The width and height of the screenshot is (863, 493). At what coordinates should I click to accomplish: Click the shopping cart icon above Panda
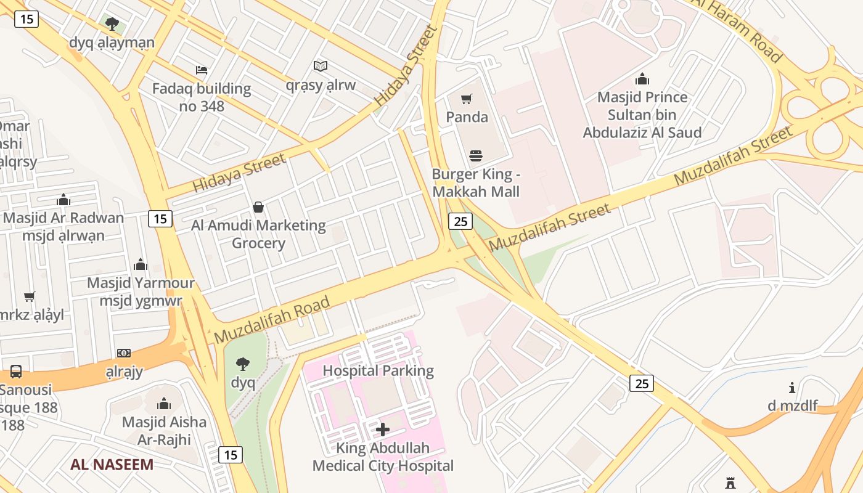(467, 99)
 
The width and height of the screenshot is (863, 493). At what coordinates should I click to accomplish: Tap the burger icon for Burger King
(475, 155)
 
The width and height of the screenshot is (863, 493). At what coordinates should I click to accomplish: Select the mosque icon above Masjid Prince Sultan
(642, 79)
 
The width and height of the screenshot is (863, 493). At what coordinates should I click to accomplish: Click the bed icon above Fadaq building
(202, 70)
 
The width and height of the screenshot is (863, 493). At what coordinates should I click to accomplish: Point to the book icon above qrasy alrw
(320, 66)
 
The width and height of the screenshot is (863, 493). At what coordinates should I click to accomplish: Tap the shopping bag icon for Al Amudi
(258, 207)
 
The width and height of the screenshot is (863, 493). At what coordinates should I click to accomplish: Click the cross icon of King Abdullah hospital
(383, 429)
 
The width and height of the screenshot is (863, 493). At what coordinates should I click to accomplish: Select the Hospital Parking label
(378, 371)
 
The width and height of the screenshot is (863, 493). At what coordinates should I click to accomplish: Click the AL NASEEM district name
(112, 465)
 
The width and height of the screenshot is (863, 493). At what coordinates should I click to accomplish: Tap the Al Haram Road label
(739, 28)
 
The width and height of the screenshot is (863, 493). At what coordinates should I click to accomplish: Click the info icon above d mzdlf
(792, 388)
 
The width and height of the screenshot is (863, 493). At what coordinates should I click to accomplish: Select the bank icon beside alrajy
(124, 353)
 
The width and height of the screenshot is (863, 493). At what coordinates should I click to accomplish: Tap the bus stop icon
(16, 372)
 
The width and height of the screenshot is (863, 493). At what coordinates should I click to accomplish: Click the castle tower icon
(731, 482)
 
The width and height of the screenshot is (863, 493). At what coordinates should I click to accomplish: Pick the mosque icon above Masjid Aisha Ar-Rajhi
(164, 404)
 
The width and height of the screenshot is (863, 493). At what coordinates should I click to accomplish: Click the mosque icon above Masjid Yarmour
(141, 264)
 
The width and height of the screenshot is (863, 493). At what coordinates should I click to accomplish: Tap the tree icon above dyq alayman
(112, 24)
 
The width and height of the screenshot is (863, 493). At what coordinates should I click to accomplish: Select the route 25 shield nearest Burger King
(460, 221)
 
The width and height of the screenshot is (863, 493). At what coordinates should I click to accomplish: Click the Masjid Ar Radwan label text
(63, 218)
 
